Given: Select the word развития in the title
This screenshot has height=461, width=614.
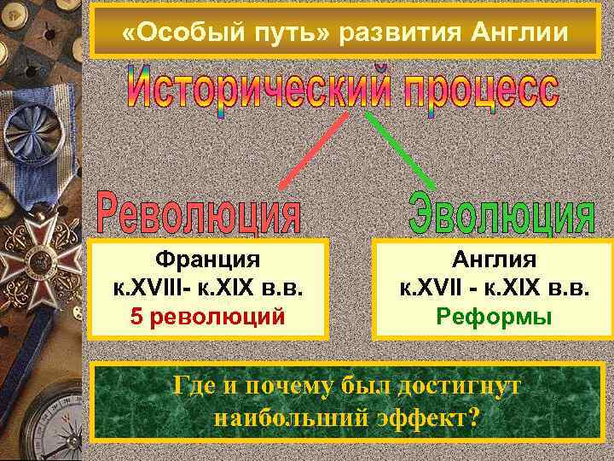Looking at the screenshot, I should pyautogui.click(x=394, y=32).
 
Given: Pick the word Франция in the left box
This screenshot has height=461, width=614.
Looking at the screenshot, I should pyautogui.click(x=208, y=260).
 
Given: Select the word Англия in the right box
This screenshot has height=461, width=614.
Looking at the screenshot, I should pyautogui.click(x=494, y=260).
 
